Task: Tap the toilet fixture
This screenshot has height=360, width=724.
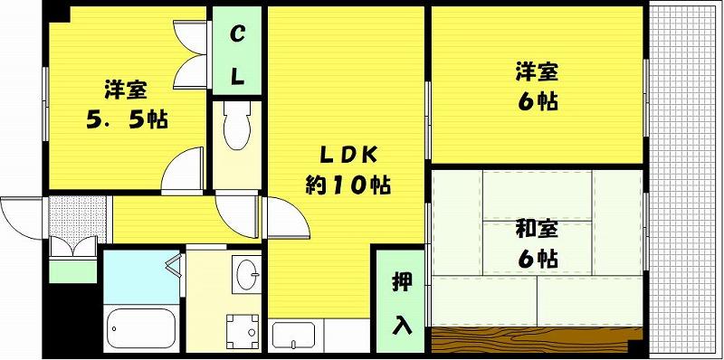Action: point(236,126)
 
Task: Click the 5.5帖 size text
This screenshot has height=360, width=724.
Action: point(127,120)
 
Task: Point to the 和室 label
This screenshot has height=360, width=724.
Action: point(537,231)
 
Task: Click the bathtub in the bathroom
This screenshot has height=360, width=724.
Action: point(141,328)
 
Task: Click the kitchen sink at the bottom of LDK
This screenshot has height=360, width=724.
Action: point(293,336)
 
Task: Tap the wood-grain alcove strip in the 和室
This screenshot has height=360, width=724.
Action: point(537,340)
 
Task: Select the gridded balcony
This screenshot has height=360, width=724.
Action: point(684,180)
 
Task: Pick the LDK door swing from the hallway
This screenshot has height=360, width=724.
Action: point(287,218)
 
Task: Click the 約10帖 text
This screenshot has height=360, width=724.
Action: point(348,185)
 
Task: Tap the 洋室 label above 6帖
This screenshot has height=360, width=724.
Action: point(537,72)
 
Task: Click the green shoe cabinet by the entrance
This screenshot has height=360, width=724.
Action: point(72,271)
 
